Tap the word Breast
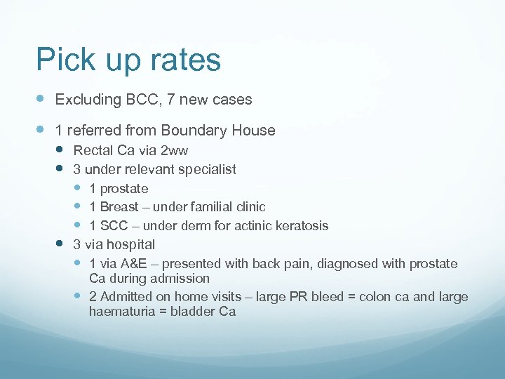[x=119, y=207]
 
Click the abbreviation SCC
[x=114, y=226]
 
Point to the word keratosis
[x=300, y=226]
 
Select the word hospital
[x=131, y=245]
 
